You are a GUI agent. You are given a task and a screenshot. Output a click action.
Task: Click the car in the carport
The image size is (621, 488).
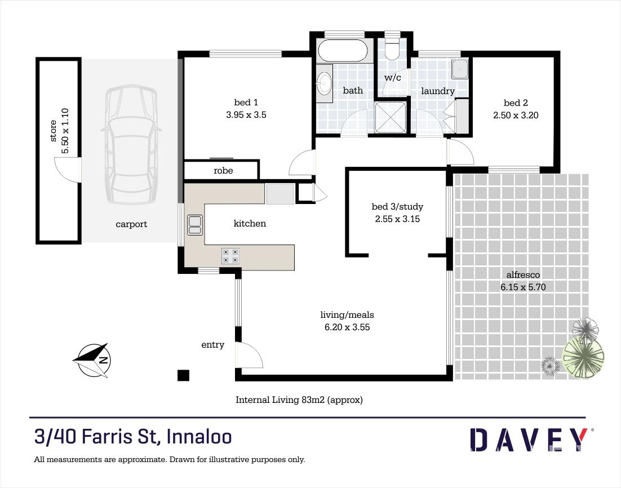click(x=131, y=144)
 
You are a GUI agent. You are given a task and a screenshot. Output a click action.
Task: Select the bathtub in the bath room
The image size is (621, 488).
click(x=343, y=51)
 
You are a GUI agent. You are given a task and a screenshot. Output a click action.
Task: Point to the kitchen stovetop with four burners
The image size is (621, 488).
click(x=230, y=255)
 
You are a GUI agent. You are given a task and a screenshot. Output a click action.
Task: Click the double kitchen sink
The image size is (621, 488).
click(x=194, y=225)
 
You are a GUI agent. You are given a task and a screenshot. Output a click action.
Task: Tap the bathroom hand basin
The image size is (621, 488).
click(x=325, y=84)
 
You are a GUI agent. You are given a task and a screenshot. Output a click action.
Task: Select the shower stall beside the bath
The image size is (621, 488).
click(x=391, y=117)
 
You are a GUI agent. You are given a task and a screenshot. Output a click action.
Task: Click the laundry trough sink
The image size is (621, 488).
click(x=460, y=69)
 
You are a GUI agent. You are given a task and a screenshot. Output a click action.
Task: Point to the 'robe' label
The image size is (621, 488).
click(x=223, y=171)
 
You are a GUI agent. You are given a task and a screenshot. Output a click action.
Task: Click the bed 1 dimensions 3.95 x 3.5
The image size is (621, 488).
click(x=246, y=115)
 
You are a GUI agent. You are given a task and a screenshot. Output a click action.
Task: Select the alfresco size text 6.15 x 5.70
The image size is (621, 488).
click(x=523, y=287)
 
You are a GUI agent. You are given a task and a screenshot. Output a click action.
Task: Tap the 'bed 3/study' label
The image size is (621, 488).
click(x=397, y=206)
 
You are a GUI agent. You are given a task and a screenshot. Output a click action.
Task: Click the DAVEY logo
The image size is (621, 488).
click(x=531, y=439)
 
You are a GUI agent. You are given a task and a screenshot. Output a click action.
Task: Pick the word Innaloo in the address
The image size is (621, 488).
click(x=199, y=437)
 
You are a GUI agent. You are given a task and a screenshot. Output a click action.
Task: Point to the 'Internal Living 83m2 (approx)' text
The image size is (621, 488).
click(x=299, y=400)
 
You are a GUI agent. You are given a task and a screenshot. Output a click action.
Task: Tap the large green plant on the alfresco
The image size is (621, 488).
click(x=583, y=358)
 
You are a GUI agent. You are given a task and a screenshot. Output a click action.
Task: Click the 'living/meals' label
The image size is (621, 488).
click(x=347, y=315)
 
